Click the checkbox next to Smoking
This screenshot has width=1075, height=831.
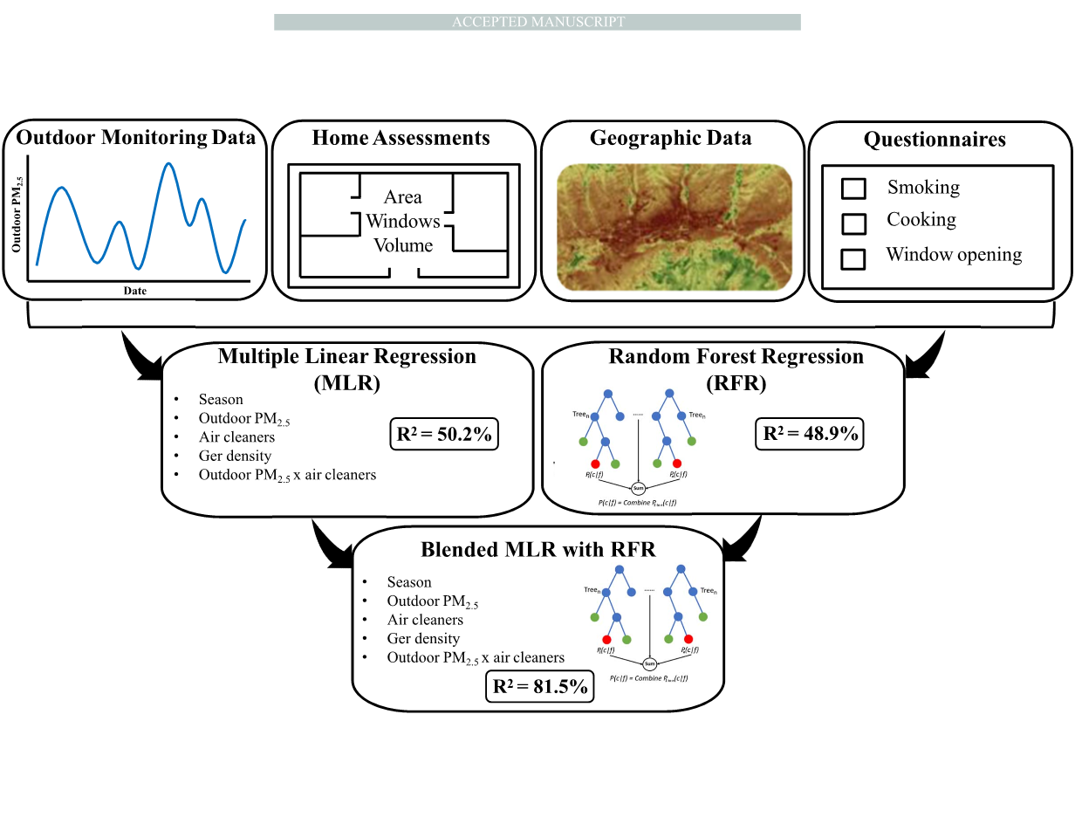pyautogui.click(x=853, y=189)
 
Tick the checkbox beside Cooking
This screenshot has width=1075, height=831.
pyautogui.click(x=853, y=223)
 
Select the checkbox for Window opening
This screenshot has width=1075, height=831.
pyautogui.click(x=853, y=258)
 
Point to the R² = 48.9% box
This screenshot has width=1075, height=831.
pyautogui.click(x=808, y=433)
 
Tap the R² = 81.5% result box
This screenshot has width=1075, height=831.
pyautogui.click(x=541, y=686)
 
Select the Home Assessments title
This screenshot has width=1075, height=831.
pyautogui.click(x=401, y=138)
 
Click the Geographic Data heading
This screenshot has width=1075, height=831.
pyautogui.click(x=670, y=138)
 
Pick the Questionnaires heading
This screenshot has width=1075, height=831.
pyautogui.click(x=935, y=140)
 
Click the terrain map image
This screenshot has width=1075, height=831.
pyautogui.click(x=674, y=226)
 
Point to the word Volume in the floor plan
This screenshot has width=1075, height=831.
pyautogui.click(x=403, y=245)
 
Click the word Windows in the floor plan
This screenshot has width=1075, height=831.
pyautogui.click(x=403, y=221)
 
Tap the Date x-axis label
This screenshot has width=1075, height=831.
pyautogui.click(x=135, y=291)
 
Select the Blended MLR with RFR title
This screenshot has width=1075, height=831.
pyautogui.click(x=537, y=550)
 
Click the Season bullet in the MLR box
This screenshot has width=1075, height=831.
pyautogui.click(x=221, y=400)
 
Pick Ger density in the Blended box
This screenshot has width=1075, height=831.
pyautogui.click(x=423, y=639)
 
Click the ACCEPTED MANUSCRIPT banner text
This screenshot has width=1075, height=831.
pyautogui.click(x=537, y=22)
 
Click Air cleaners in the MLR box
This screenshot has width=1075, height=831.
pyautogui.click(x=236, y=437)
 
